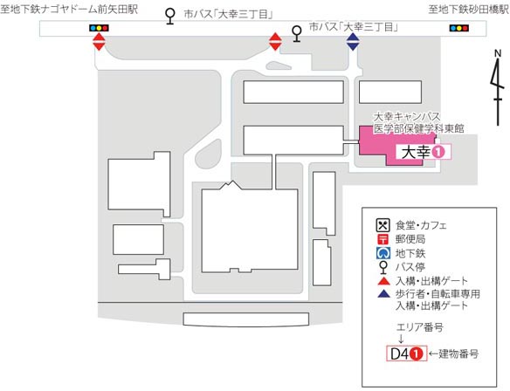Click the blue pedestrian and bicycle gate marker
[353, 42]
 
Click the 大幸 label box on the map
[424, 152]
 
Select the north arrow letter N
[498, 53]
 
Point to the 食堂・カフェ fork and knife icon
[382, 225]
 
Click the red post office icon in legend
[382, 239]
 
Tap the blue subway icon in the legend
[382, 253]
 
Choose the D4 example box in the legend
[406, 353]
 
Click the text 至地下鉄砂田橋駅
[469, 10]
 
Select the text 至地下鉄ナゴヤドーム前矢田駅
[69, 9]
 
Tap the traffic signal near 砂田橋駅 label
[459, 28]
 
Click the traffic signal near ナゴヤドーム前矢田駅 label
[99, 28]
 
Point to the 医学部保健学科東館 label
[418, 128]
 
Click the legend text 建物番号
[458, 353]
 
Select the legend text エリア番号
[419, 327]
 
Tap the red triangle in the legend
[383, 281]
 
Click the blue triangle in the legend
[383, 294]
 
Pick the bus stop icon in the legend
[383, 267]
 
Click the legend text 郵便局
[410, 239]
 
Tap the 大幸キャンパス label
[407, 117]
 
